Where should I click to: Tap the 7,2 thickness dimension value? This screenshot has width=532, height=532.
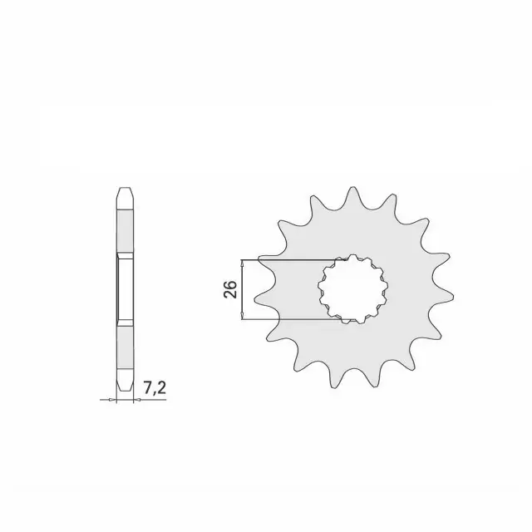point(155,387)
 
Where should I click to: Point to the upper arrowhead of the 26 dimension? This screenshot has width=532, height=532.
point(242,264)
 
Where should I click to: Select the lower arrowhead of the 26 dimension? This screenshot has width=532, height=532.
point(242,316)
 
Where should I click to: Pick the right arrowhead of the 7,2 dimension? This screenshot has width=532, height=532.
point(137,400)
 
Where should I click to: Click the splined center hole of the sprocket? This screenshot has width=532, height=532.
point(353,288)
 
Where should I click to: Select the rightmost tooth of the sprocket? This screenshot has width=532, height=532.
point(445,296)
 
